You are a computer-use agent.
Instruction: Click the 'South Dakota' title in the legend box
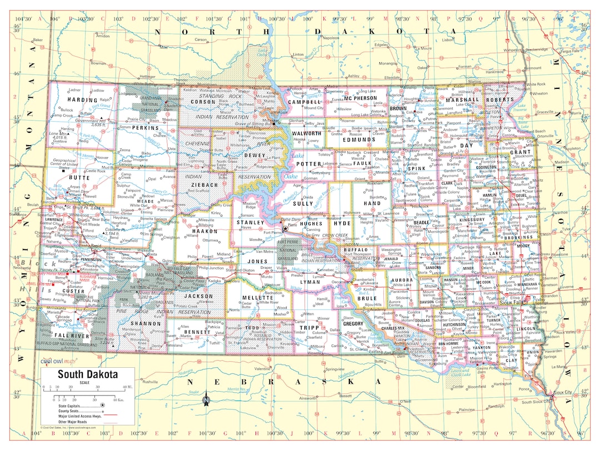tap(88, 374)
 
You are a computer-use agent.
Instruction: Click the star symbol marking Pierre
tap(286, 228)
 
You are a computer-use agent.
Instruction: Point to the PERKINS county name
tap(146, 128)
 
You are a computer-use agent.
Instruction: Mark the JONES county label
tap(257, 261)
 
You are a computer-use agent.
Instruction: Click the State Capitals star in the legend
tap(102, 406)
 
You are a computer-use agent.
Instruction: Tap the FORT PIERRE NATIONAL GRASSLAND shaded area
tap(288, 251)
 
